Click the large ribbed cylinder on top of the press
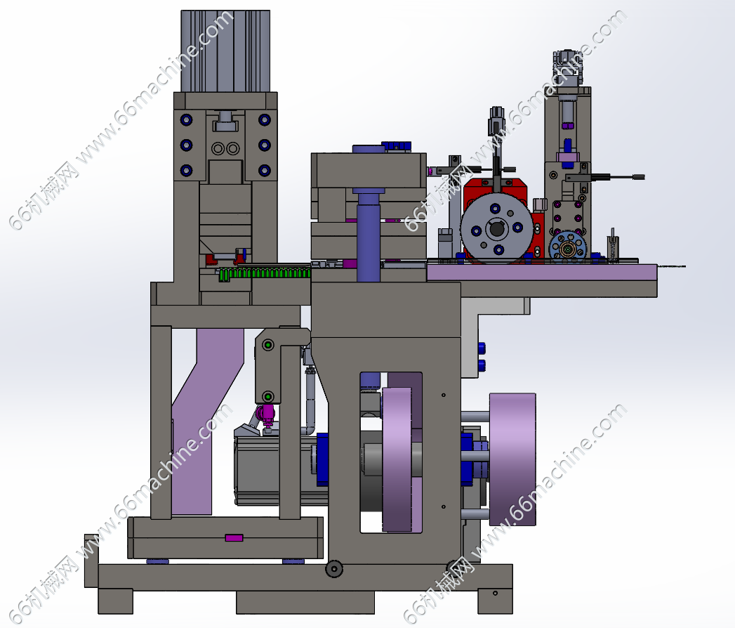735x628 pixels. click(225, 51)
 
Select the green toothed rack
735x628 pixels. click(265, 274)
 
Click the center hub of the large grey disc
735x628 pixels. click(496, 229)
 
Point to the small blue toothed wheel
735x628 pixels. click(568, 247)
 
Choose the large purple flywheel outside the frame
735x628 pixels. click(512, 459)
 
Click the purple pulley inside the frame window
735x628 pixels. click(397, 459)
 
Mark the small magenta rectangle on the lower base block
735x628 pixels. click(234, 537)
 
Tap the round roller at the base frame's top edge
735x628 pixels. click(333, 568)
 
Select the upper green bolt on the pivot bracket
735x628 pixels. click(268, 346)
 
